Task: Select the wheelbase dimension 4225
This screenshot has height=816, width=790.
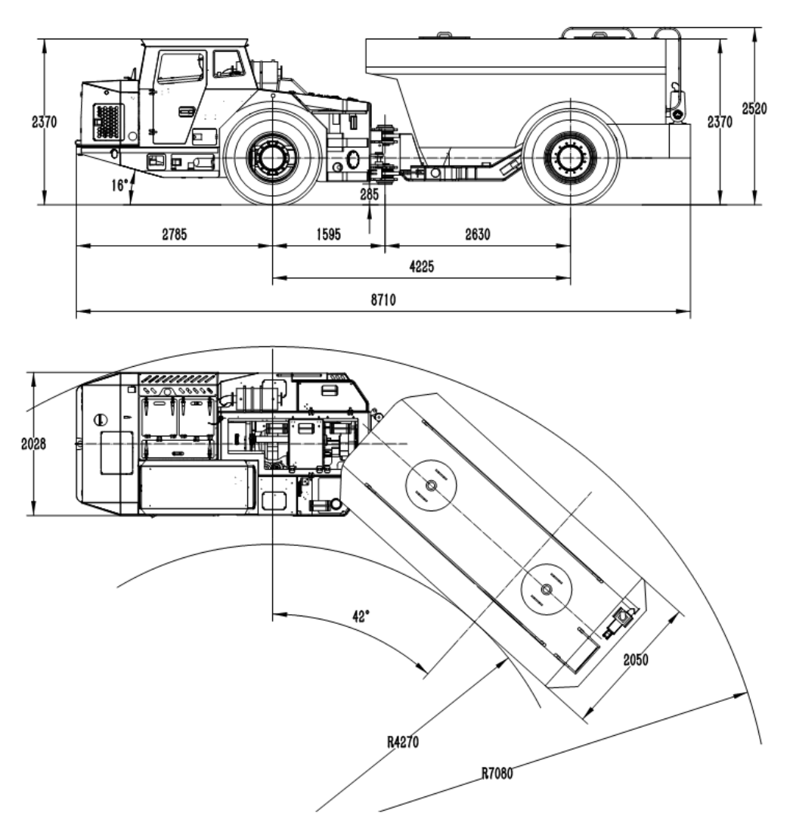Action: coord(421,267)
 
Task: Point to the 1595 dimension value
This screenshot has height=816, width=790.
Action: coord(327,235)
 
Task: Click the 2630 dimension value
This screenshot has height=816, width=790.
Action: coord(477,235)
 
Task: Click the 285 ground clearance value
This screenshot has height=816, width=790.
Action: coord(370,194)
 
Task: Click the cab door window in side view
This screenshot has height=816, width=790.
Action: coord(180,68)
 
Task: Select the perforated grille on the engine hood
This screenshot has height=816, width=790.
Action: coord(108,121)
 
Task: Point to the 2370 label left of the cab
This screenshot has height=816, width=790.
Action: coord(42,123)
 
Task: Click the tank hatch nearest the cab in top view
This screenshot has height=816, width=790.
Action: coord(432,485)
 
